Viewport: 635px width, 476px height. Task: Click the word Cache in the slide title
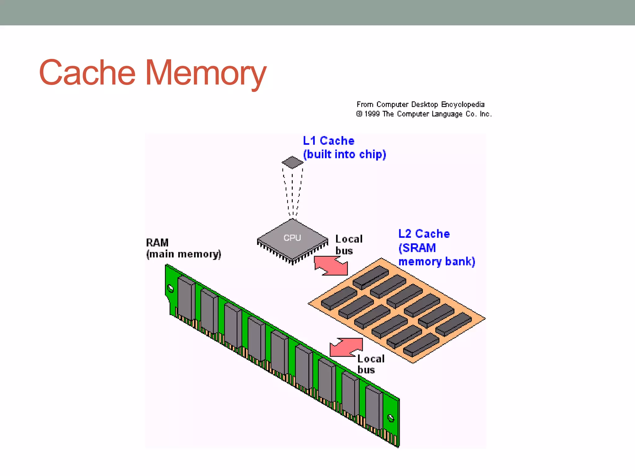click(87, 73)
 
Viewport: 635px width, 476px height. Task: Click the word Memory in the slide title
click(206, 73)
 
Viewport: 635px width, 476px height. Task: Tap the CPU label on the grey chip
click(292, 238)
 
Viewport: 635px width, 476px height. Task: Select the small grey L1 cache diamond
click(292, 162)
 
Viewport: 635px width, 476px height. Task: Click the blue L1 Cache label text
click(328, 141)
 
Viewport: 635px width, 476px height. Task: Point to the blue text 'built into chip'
click(344, 154)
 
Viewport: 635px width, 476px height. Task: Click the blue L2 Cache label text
click(424, 234)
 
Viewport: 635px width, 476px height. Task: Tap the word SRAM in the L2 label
click(419, 248)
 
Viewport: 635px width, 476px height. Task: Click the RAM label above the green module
click(157, 242)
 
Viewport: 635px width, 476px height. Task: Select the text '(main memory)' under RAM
click(184, 254)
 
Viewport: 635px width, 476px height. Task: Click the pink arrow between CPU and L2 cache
click(331, 266)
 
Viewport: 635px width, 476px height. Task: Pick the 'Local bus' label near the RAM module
click(371, 364)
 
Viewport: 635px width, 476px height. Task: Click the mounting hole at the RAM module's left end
click(170, 289)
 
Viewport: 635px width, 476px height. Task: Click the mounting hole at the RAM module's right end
click(391, 418)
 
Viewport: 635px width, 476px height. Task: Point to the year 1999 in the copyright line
click(372, 114)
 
